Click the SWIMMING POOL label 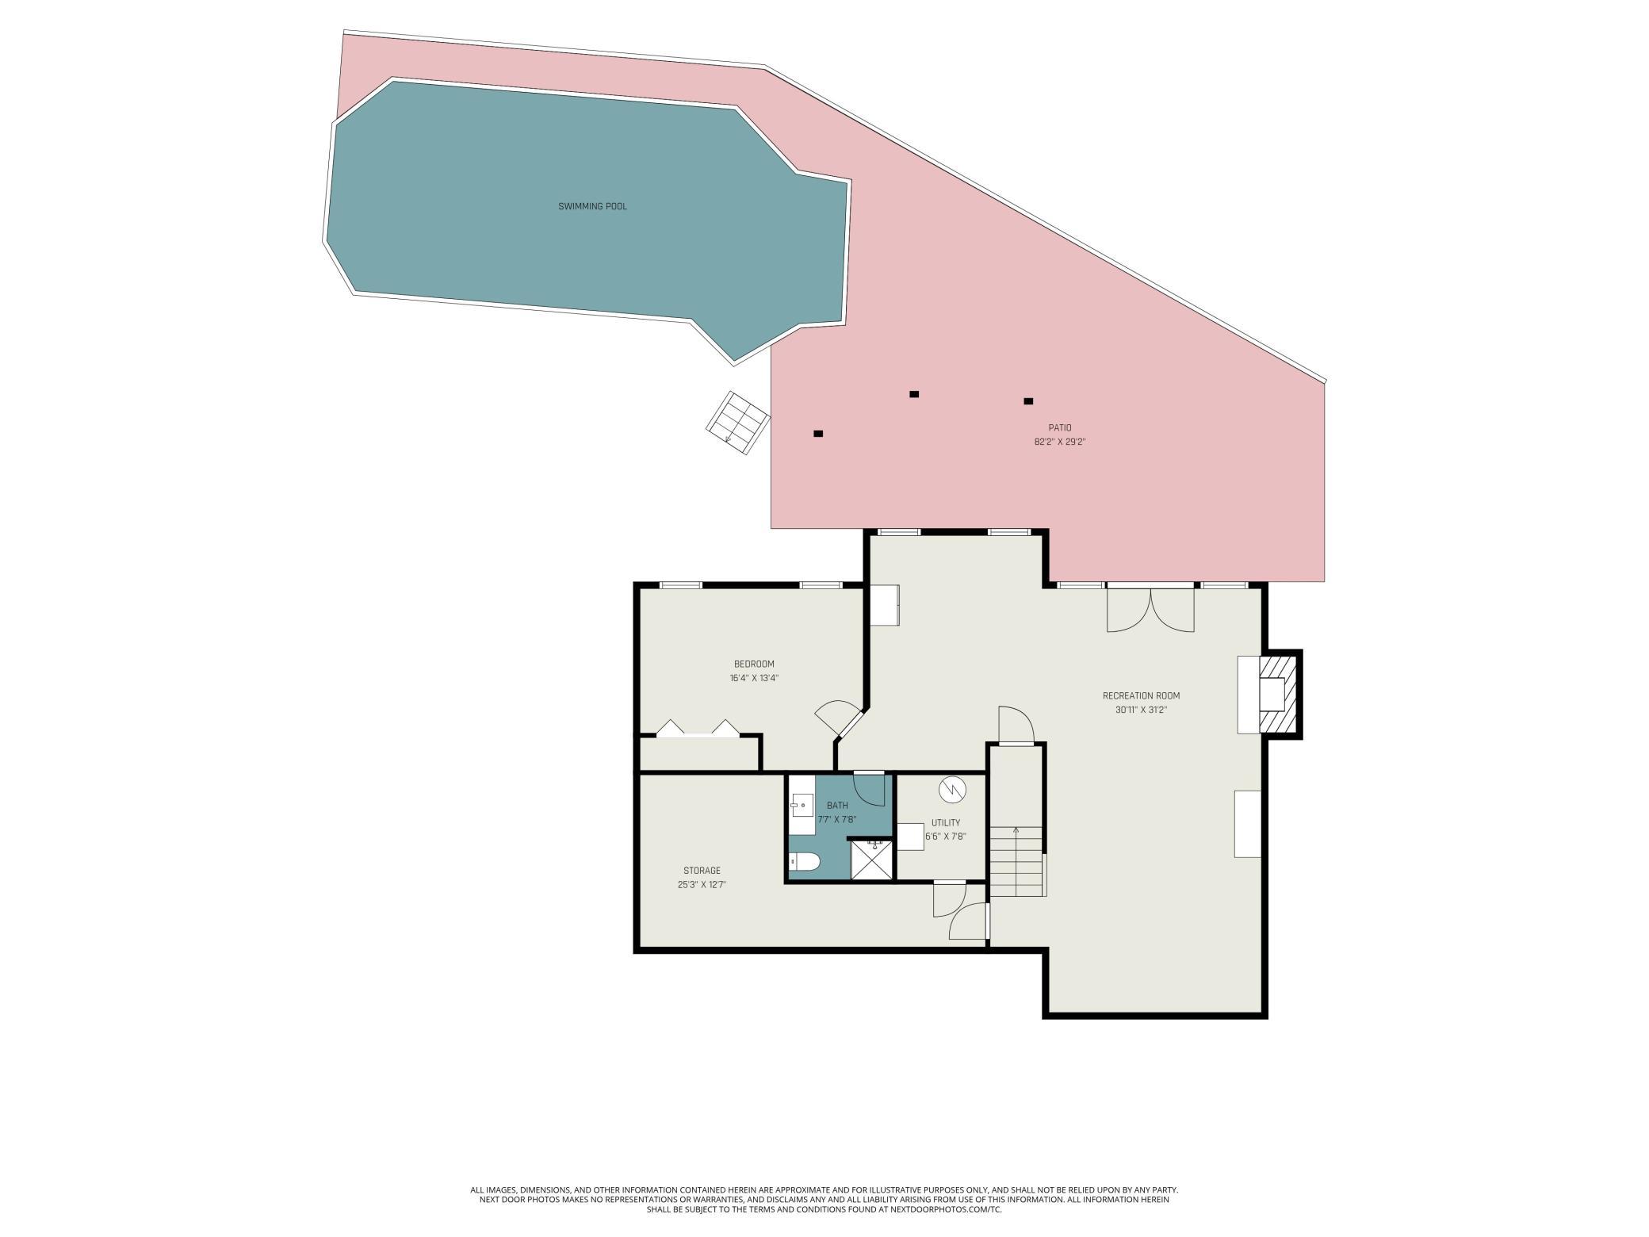592,207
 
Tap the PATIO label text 1059,428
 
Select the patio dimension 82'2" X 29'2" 1059,442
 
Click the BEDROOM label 754,664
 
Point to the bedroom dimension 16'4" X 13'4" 754,679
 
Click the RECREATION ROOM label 1141,696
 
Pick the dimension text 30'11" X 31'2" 1141,710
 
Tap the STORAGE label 702,871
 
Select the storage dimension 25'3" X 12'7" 702,885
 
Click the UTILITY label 946,823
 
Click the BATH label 837,806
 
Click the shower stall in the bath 871,860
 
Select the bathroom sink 802,806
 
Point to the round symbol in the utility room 951,790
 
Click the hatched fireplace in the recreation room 1278,694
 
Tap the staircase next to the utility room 1016,861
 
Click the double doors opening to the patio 1150,608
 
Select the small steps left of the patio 738,423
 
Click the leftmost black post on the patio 818,434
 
